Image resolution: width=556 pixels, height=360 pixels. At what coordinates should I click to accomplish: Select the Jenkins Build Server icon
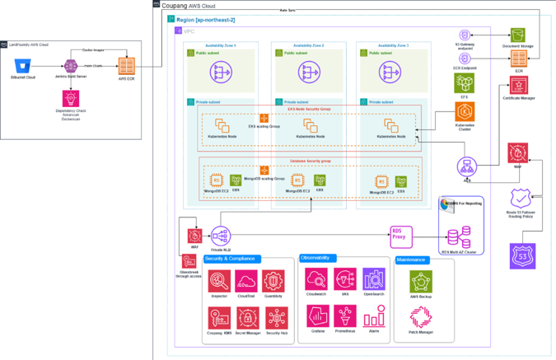72,65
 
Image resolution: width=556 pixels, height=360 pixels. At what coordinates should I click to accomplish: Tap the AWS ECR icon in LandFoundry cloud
127,65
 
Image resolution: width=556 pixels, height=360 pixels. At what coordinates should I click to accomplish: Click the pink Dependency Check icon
72,99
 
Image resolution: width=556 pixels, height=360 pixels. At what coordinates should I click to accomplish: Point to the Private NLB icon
221,236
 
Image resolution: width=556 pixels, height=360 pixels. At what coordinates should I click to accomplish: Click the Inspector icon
219,281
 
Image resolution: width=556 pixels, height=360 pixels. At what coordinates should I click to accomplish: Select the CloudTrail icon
246,281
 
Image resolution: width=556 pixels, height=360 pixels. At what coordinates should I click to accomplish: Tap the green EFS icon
465,82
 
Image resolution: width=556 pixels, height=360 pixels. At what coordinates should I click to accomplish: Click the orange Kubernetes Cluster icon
465,113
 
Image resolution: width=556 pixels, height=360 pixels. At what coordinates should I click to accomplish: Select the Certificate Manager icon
519,85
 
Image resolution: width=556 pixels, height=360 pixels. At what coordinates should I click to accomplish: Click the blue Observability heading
317,258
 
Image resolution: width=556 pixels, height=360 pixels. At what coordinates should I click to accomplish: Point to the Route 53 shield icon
521,199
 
